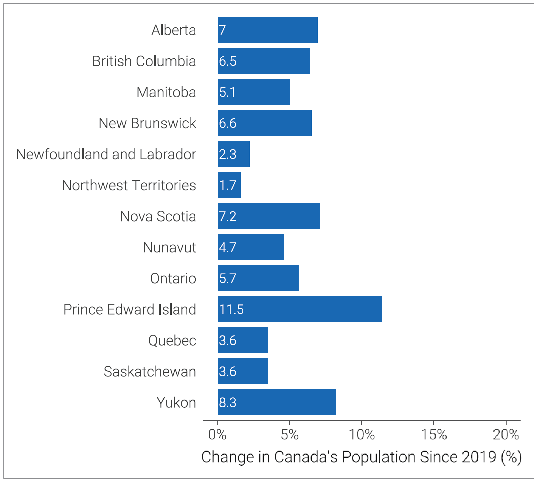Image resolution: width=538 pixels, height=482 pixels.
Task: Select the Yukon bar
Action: point(277,402)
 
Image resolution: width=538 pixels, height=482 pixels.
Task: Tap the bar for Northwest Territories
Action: point(229,185)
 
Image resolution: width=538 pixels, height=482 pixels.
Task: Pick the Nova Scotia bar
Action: point(269,216)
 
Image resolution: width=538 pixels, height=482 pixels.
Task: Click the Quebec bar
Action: point(243,340)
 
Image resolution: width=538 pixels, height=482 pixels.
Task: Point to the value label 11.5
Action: point(231,309)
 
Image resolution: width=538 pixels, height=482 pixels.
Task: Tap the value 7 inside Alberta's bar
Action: point(222,30)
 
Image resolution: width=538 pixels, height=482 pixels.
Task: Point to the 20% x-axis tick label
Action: point(506,435)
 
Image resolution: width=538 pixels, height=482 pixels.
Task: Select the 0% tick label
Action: point(217,435)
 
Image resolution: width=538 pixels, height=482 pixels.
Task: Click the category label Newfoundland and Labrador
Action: point(106,154)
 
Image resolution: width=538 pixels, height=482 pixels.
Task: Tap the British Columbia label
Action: point(144,61)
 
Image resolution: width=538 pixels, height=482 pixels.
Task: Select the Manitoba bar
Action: point(254,92)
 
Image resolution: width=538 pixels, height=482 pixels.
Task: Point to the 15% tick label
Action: point(434,435)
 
